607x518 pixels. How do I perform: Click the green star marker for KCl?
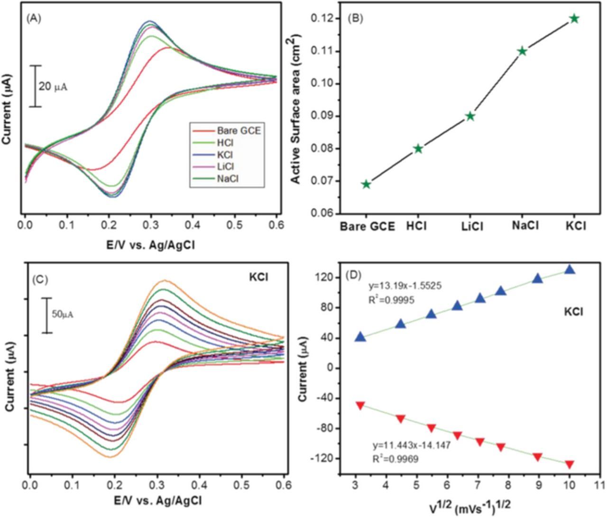(x=574, y=18)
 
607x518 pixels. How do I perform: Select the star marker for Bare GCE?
(x=366, y=184)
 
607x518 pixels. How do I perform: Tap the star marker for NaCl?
(x=522, y=51)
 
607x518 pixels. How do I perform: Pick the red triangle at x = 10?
(x=570, y=464)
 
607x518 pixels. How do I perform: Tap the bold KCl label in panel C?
(x=258, y=277)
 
